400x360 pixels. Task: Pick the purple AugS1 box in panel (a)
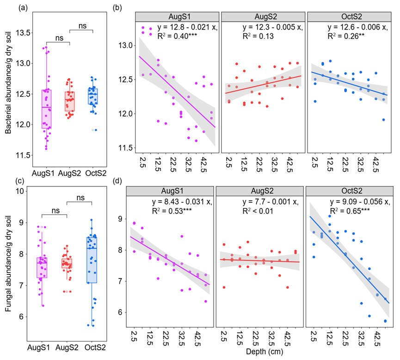pos(46,109)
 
